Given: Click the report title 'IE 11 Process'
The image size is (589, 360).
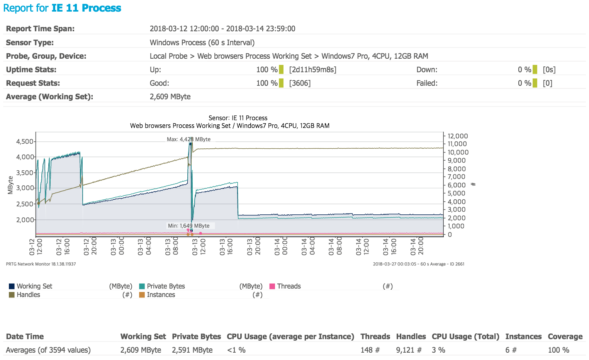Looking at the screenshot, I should tap(86, 8).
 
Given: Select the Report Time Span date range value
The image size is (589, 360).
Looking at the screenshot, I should tap(222, 29).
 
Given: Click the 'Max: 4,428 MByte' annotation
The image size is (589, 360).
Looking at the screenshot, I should tap(188, 139).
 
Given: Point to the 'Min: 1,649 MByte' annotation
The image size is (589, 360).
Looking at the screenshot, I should tap(188, 226).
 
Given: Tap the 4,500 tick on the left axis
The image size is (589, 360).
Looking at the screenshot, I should tap(25, 141).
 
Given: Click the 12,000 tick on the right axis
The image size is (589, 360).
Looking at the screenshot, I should tap(458, 136).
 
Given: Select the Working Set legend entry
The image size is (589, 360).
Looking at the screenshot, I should tap(34, 286).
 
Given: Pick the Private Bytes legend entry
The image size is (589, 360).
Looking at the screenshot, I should tap(166, 286).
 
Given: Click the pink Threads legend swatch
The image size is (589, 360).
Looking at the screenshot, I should tap(272, 286).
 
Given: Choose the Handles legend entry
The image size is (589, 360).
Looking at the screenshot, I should tap(28, 295).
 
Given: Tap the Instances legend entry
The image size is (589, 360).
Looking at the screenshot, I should tap(161, 295).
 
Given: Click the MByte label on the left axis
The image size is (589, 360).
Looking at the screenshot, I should tap(10, 185).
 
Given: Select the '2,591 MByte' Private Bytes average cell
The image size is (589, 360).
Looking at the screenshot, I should tap(192, 350).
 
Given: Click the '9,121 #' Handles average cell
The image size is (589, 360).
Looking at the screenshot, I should tap(409, 350).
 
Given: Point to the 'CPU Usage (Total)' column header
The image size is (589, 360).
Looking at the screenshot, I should tap(465, 336).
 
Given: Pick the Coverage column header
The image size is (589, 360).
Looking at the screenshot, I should tap(565, 336).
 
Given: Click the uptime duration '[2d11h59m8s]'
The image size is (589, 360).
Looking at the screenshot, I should tap(313, 70).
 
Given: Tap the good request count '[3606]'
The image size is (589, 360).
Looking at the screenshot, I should tap(300, 83).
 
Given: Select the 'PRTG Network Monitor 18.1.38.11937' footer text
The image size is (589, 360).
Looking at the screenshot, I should tap(41, 264).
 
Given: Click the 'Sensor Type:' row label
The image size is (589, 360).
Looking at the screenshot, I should tap(30, 42).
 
